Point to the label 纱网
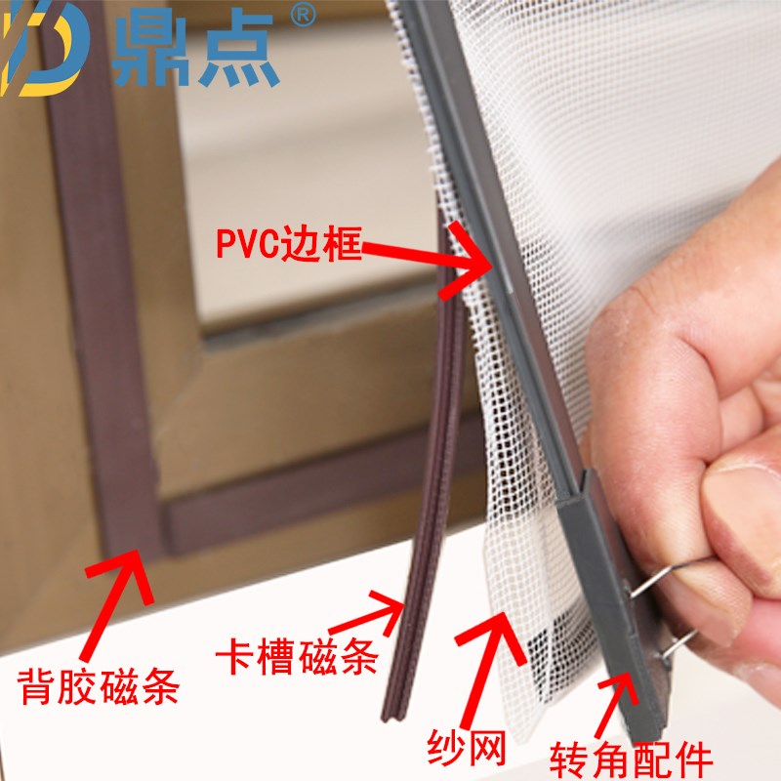click(466, 749)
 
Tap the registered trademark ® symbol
click(304, 17)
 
